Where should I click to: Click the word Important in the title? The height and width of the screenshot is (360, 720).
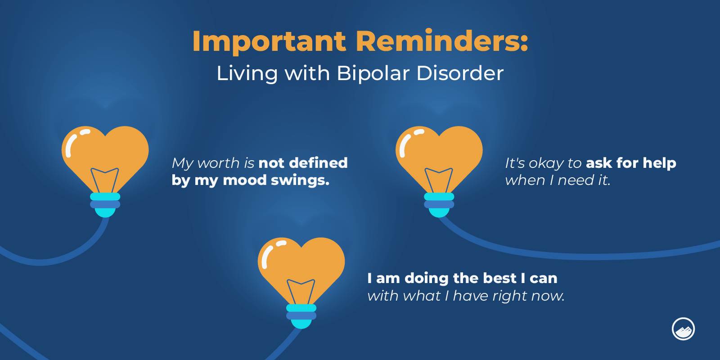tap(269, 41)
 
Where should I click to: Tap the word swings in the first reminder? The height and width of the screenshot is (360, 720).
tap(300, 180)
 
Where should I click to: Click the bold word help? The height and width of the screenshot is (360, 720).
tap(659, 163)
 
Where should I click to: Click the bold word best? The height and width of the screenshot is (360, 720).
tap(499, 278)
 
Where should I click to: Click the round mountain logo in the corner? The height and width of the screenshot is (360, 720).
tap(683, 329)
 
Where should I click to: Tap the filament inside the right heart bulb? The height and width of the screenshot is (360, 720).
tap(439, 180)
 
